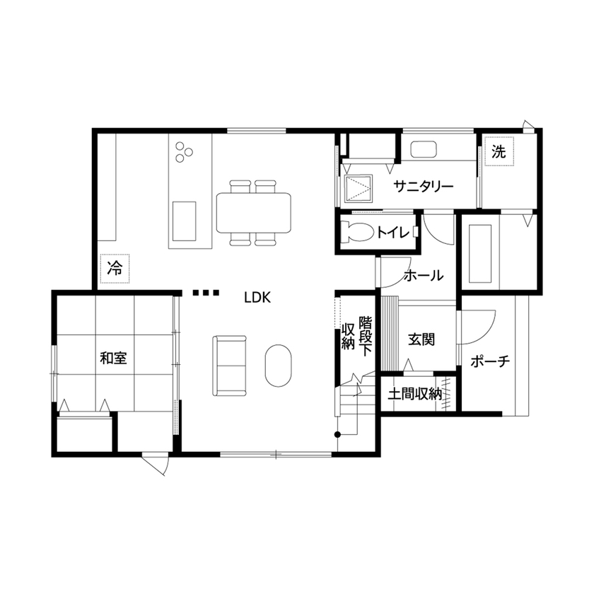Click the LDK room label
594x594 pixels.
point(257,298)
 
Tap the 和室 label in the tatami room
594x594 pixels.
point(113,358)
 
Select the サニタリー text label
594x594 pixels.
point(424,187)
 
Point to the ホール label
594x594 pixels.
point(423,275)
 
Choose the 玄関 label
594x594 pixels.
point(421,339)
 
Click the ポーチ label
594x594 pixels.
point(490,361)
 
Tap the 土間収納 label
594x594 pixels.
point(415,395)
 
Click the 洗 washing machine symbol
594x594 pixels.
point(499,151)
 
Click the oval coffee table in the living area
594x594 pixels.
point(279,365)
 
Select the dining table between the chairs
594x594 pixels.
point(253,212)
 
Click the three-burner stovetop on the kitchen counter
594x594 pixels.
point(184,151)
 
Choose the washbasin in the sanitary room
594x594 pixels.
point(424,151)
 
